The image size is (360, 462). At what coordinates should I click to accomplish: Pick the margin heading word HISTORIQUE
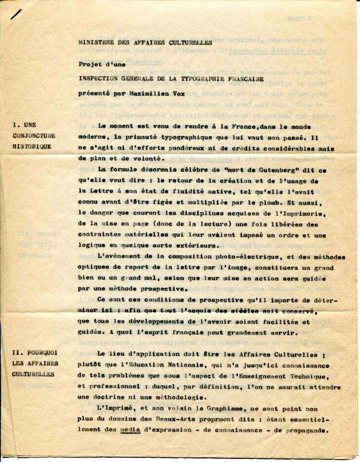(x=32, y=146)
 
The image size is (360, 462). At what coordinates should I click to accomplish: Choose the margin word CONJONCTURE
(x=34, y=136)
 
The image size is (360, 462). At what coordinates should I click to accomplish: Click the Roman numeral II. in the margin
(x=19, y=353)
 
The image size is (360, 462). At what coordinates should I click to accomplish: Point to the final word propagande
(x=307, y=431)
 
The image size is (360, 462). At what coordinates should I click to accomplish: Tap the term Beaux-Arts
(x=171, y=420)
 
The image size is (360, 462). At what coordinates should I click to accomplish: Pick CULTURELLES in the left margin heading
(x=33, y=374)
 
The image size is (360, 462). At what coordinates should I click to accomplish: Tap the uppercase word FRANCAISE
(x=243, y=79)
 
